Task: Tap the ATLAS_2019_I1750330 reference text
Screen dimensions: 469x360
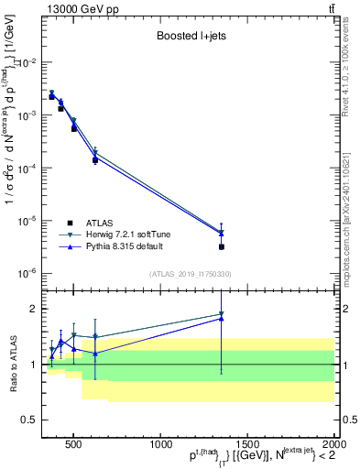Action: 190,274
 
